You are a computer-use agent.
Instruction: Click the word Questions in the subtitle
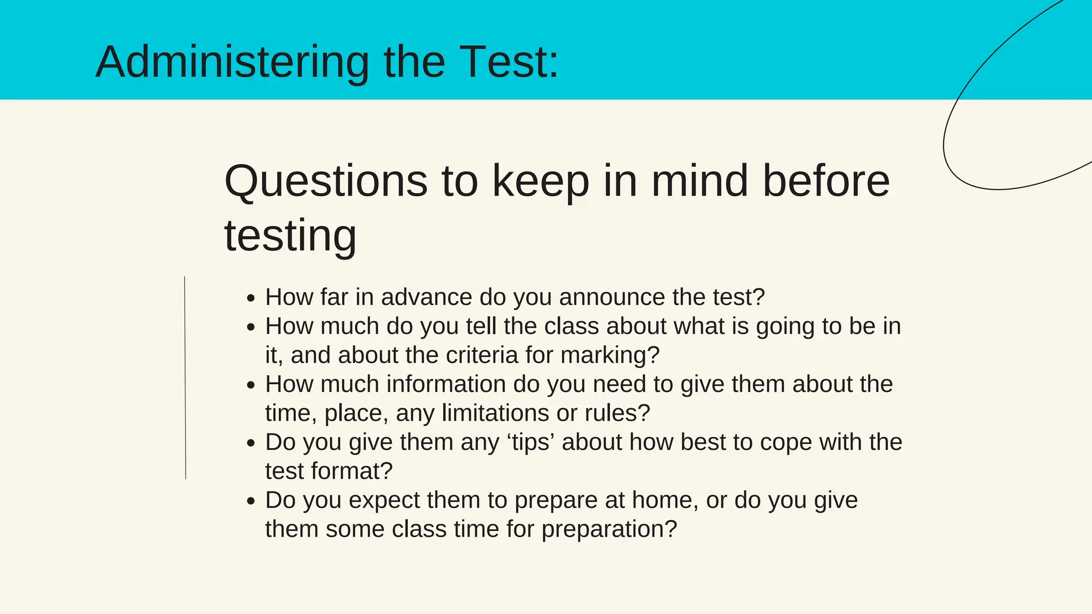pyautogui.click(x=326, y=181)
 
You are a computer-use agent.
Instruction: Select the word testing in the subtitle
pyautogui.click(x=290, y=236)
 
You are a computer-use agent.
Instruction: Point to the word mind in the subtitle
pyautogui.click(x=700, y=181)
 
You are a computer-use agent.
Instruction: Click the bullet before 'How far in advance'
pyautogui.click(x=252, y=298)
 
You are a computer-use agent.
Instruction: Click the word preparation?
pyautogui.click(x=609, y=530)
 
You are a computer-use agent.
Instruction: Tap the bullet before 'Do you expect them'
pyautogui.click(x=252, y=502)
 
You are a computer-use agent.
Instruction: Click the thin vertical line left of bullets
pyautogui.click(x=185, y=377)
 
